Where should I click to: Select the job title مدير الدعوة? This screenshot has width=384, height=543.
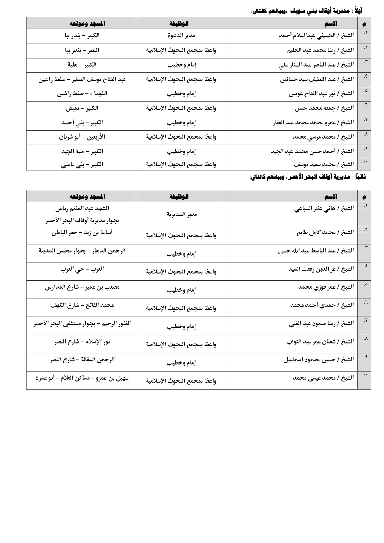point(181,36)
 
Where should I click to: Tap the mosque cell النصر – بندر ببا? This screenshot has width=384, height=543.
point(82,50)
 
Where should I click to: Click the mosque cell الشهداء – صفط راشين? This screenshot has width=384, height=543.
point(82,93)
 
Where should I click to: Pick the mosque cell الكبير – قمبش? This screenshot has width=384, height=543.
point(82,108)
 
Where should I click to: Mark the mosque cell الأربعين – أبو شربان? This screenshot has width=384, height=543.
point(82,137)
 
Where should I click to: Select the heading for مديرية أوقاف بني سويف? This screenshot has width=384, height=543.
point(306,11)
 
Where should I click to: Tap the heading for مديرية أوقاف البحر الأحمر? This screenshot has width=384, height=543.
point(308,177)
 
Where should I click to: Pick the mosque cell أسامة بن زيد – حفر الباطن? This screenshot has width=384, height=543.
point(82,233)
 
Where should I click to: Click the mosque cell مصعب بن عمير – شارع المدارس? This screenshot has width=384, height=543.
point(82,287)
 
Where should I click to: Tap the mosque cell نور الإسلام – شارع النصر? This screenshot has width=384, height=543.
point(82,342)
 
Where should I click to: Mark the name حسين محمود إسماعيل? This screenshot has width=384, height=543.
point(319,360)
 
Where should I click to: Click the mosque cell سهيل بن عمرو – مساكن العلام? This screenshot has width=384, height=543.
point(82,378)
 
